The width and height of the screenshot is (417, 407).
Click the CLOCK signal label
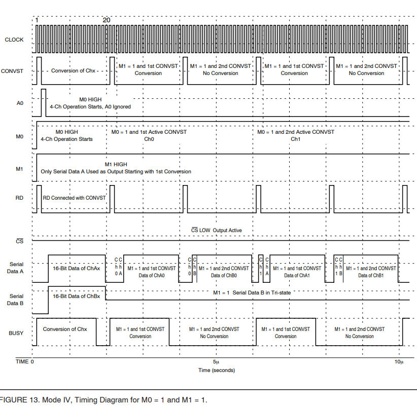[x=14, y=40]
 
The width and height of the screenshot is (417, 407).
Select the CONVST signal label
[x=13, y=71]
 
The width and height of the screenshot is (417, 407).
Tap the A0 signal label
[x=20, y=103]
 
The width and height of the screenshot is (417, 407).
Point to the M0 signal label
[x=20, y=136]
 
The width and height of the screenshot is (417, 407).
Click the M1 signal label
[x=20, y=169]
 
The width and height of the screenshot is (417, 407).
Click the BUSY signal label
[x=16, y=333]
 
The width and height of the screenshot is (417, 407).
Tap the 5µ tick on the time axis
[x=216, y=362]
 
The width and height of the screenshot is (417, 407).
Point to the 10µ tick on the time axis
[x=399, y=362]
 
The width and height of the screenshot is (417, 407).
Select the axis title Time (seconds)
[x=216, y=371]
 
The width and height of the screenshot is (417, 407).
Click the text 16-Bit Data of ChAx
[x=77, y=269]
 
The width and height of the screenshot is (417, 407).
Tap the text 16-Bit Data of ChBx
[x=77, y=295]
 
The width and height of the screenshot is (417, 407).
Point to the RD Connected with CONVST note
[x=74, y=198]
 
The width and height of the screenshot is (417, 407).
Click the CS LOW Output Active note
[x=216, y=230]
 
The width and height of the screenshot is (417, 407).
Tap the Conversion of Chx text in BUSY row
[x=65, y=329]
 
